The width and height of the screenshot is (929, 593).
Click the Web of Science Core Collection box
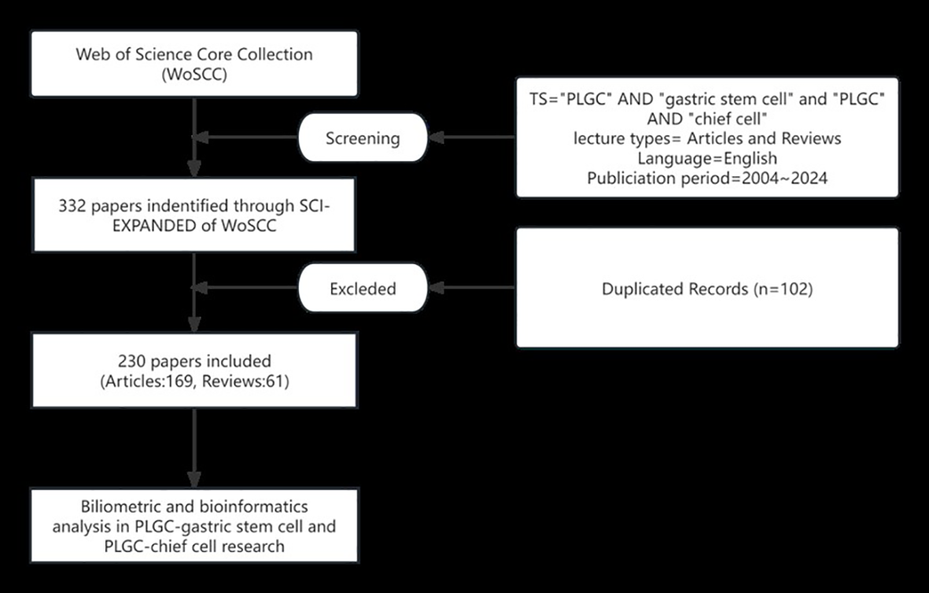pyautogui.click(x=194, y=63)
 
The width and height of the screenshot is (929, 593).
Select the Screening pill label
pyautogui.click(x=363, y=138)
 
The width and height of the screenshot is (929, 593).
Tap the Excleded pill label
pyautogui.click(x=363, y=289)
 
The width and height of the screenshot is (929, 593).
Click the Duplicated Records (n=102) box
pyautogui.click(x=706, y=288)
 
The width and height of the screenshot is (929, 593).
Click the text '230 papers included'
pyautogui.click(x=194, y=361)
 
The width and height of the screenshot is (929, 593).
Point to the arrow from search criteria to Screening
pyautogui.click(x=472, y=138)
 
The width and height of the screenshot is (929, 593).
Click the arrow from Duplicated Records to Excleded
pyautogui.click(x=472, y=289)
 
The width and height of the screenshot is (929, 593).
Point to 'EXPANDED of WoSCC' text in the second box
pyautogui.click(x=194, y=225)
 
